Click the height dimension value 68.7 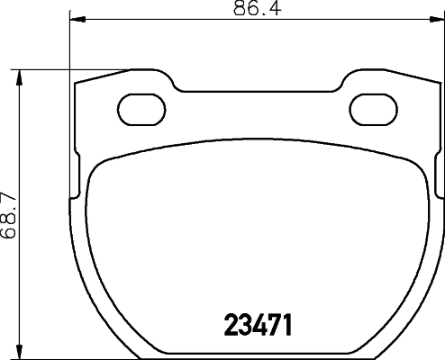point(9,212)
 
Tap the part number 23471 point(258,323)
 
